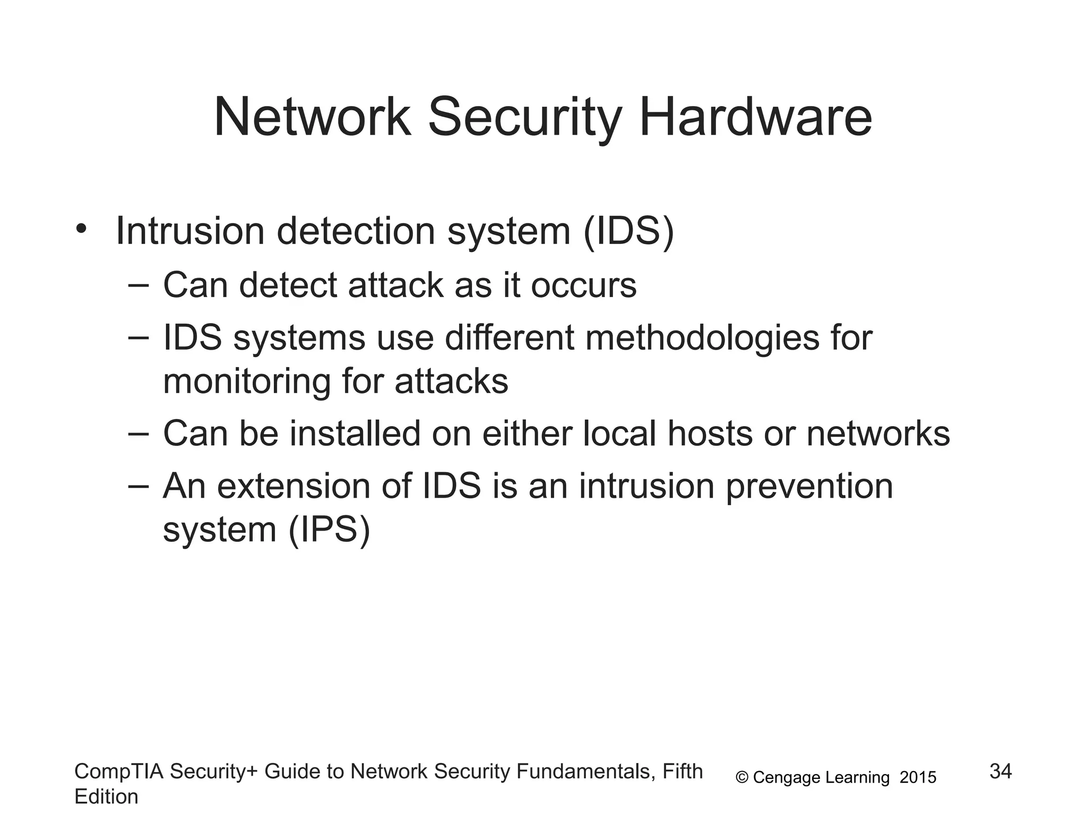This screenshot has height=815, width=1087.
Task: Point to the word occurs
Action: click(583, 285)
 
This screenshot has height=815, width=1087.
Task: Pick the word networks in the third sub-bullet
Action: click(878, 433)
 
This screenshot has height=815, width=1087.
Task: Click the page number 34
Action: click(1000, 771)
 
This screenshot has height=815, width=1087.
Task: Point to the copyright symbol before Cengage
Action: click(742, 778)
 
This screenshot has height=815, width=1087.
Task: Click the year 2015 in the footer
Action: click(918, 778)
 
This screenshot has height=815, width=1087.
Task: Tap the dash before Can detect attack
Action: click(139, 285)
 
